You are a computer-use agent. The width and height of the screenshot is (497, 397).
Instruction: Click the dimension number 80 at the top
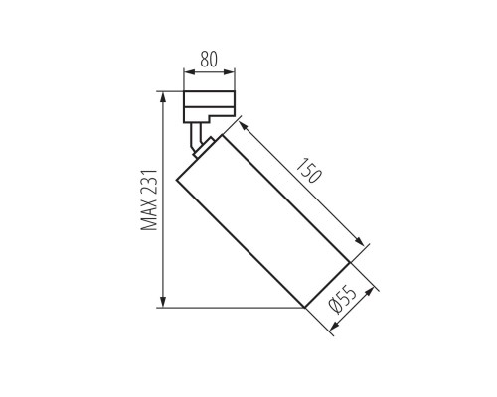click(210, 60)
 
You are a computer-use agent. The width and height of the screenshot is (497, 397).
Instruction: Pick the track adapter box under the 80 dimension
click(210, 105)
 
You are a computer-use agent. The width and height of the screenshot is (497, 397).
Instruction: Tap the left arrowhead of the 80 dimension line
click(187, 73)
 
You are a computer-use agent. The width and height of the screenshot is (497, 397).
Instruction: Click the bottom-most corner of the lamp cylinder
click(302, 308)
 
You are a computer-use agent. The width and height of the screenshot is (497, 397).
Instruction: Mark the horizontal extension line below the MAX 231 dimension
click(229, 308)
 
